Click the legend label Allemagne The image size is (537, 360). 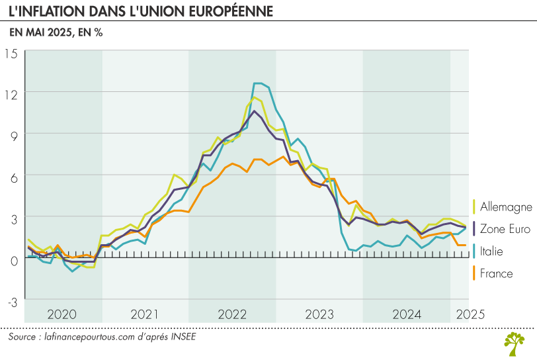(x=506, y=206)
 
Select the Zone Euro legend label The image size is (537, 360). (x=505, y=229)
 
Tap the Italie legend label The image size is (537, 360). (x=491, y=251)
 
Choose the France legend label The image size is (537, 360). (x=496, y=273)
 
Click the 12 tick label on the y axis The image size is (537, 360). (x=11, y=93)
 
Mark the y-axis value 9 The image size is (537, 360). (x=14, y=134)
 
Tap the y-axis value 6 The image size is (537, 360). (x=14, y=176)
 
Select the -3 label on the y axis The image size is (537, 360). (x=12, y=302)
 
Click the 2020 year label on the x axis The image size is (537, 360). (x=63, y=314)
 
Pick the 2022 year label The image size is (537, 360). (x=231, y=314)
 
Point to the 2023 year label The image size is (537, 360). (x=319, y=314)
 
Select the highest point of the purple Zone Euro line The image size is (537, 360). (x=254, y=111)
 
